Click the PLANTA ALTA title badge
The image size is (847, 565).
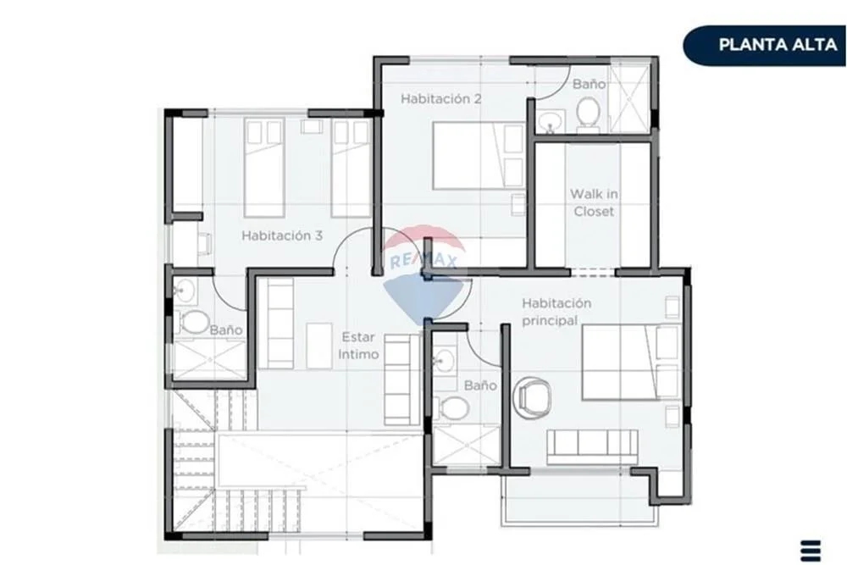click(765, 46)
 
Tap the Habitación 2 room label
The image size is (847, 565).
click(440, 99)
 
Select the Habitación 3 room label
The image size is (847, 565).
click(282, 235)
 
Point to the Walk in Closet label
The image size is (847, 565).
click(594, 202)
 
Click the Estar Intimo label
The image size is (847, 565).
click(358, 346)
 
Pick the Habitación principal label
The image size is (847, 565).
click(556, 312)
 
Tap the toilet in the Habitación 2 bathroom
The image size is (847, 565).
click(588, 114)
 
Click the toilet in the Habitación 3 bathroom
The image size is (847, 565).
click(191, 322)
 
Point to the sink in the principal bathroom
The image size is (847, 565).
click(444, 360)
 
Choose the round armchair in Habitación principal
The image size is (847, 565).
click(532, 397)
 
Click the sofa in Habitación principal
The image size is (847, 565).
click(593, 446)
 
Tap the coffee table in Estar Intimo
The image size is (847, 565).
click(319, 346)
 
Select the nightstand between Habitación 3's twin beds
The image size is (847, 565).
click(312, 126)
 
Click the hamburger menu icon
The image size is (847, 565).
click(811, 551)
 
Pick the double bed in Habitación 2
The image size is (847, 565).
click(479, 156)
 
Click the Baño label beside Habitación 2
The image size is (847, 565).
click(589, 84)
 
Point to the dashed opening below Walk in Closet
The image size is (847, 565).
click(593, 272)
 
